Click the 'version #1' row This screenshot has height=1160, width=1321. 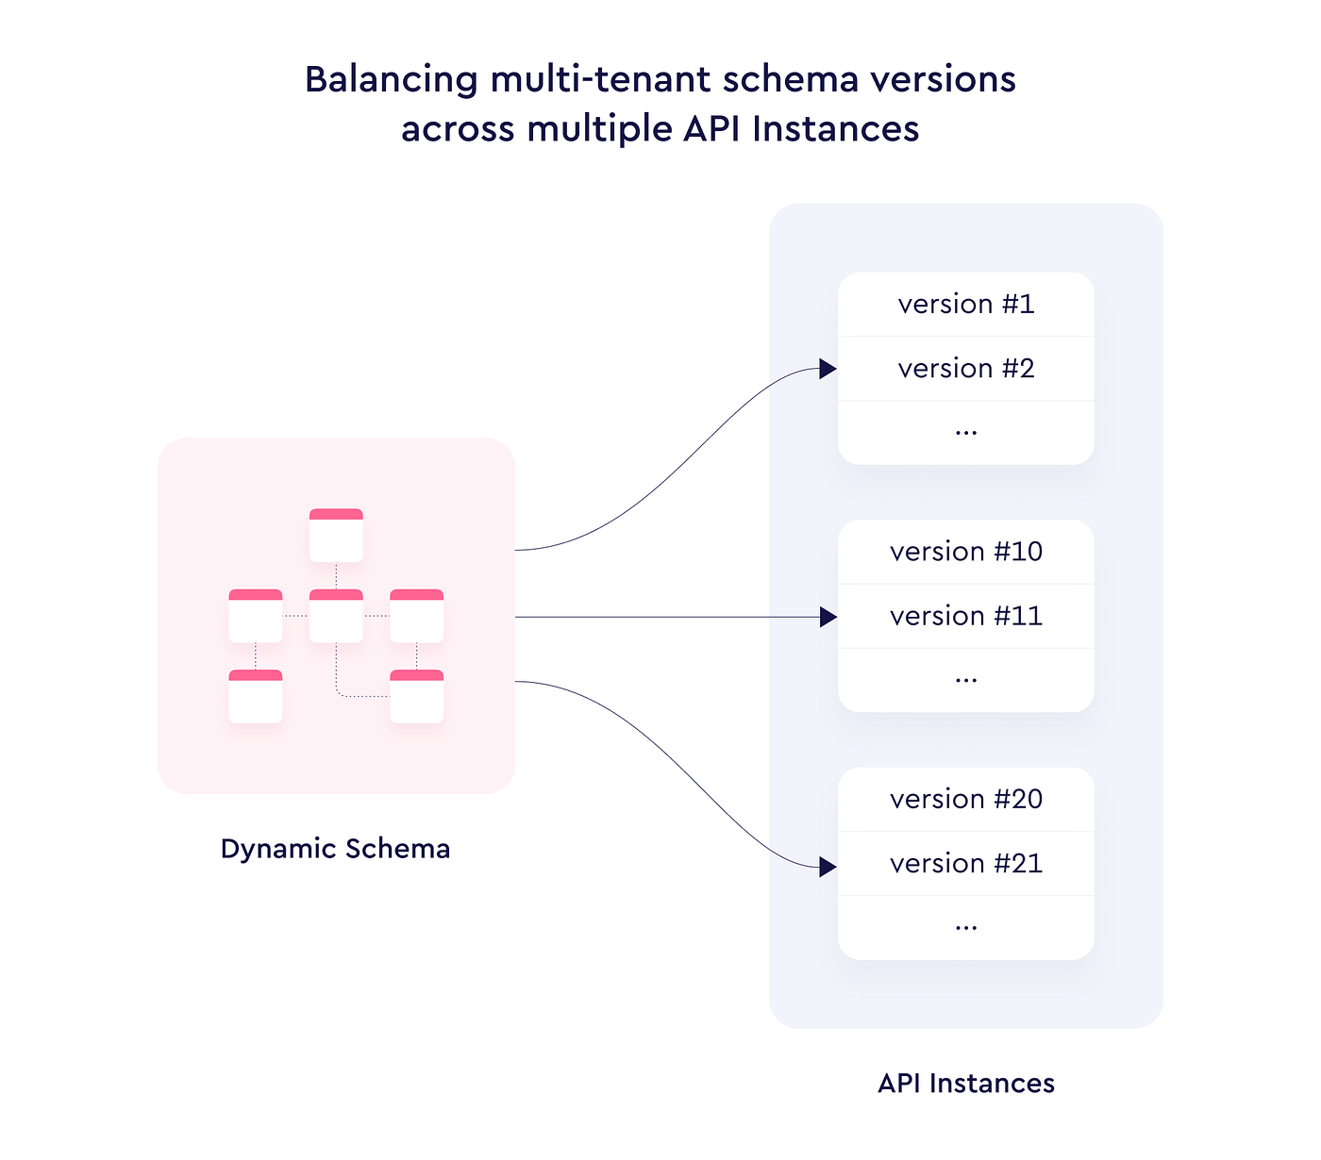[965, 305]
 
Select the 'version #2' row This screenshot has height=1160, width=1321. [965, 369]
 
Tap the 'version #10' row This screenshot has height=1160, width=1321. [965, 552]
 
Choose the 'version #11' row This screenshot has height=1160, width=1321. [965, 616]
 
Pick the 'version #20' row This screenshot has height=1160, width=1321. [965, 800]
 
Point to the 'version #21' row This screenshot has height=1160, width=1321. [965, 864]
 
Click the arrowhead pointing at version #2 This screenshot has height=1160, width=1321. [828, 369]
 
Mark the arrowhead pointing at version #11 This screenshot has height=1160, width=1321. [828, 617]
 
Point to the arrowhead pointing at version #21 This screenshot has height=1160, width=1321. [828, 867]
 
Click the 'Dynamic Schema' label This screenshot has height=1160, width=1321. [335, 849]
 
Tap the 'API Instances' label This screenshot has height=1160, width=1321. [965, 1084]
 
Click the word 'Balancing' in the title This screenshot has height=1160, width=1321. [391, 80]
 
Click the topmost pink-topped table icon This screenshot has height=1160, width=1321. [336, 535]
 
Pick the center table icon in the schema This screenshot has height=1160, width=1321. [336, 616]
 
